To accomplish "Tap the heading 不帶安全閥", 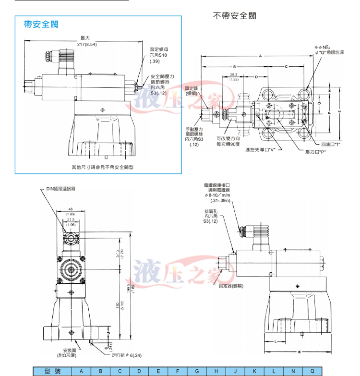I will coord(234,16).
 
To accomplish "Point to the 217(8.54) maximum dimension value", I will coord(87,44).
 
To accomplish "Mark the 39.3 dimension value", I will coord(234,75).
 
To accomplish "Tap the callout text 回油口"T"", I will coord(331,144).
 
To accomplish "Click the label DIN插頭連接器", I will coord(61,189).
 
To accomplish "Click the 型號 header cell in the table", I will coord(51,371).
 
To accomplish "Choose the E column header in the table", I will coord(158,371).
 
